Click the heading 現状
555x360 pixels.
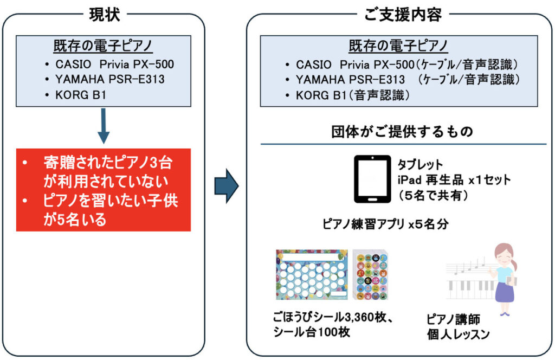click(105, 15)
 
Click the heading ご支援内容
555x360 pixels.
click(403, 15)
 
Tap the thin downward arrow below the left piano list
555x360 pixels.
click(104, 126)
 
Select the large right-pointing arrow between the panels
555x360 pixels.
click(227, 186)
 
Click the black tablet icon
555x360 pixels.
click(372, 179)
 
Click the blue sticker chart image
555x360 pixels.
click(312, 275)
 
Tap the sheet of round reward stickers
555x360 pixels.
click(371, 275)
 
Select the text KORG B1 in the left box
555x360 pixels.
click(81, 95)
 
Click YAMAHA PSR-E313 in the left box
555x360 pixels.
click(109, 79)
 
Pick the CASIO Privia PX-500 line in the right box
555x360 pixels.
click(407, 65)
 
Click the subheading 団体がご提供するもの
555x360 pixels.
click(403, 132)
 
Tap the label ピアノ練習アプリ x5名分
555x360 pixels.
click(385, 224)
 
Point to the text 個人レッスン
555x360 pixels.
click(458, 334)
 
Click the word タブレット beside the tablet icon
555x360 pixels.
click(420, 165)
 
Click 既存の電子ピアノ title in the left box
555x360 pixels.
click(103, 46)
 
